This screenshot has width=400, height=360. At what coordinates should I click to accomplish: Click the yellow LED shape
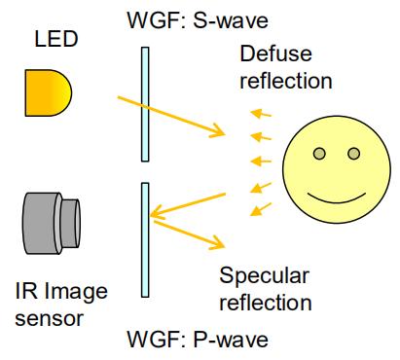(48, 92)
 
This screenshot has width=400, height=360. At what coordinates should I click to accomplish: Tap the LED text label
(56, 39)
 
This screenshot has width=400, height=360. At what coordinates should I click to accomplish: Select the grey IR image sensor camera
(52, 224)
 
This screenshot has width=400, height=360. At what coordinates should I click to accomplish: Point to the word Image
(76, 292)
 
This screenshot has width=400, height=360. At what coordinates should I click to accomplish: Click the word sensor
(50, 319)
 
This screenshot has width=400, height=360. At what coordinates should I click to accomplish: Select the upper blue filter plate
(145, 104)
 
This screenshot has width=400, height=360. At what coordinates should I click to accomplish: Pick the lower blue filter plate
(145, 240)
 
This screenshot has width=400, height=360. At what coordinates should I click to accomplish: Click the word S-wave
(231, 21)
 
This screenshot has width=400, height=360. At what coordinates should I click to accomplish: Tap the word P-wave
(231, 340)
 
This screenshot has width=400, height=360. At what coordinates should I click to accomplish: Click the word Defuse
(275, 54)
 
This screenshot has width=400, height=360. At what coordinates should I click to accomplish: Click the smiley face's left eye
(319, 154)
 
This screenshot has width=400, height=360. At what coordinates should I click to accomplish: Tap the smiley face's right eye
(353, 154)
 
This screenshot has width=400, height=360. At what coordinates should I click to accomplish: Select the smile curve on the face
(337, 198)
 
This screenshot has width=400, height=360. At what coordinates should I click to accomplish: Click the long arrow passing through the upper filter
(171, 116)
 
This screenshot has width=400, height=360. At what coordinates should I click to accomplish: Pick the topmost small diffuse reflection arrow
(261, 113)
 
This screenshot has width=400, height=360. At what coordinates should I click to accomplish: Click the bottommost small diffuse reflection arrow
(261, 209)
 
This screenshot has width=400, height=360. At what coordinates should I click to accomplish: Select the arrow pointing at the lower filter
(188, 205)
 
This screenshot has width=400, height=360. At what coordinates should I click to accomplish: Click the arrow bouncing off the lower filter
(189, 234)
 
